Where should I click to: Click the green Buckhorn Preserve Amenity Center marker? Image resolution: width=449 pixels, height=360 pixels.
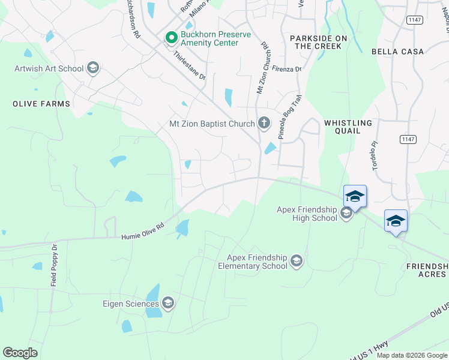(171, 38)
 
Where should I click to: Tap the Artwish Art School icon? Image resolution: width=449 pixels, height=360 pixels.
(92, 68)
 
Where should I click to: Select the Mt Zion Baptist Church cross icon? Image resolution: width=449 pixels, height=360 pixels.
(264, 124)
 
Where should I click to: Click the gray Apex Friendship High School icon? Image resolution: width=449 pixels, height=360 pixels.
(346, 213)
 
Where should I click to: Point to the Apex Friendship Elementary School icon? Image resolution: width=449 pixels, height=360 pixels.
(296, 261)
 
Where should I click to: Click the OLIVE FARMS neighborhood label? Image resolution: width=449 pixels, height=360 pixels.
(41, 104)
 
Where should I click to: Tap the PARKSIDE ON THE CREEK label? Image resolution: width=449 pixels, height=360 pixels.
(318, 42)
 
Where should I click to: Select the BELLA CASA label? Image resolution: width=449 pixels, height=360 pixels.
(397, 52)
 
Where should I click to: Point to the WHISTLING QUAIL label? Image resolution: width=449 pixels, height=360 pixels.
(348, 127)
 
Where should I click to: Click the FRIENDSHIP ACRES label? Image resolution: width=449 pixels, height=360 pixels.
(427, 270)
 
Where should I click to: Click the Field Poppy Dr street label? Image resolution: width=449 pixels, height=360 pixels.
(54, 265)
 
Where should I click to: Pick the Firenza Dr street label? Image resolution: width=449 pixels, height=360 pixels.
(286, 69)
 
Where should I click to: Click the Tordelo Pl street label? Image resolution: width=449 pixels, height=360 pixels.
(376, 155)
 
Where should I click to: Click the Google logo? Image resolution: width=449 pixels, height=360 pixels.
(20, 353)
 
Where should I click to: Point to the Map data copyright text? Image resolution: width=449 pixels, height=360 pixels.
(412, 355)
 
